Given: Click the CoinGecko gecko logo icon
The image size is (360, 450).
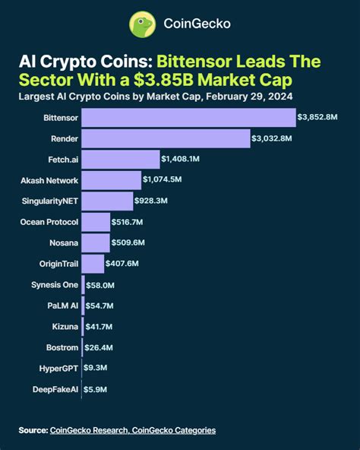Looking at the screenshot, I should coord(142,24).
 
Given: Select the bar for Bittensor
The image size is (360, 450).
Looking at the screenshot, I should coord(188,118).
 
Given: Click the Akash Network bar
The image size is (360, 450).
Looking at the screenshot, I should coord(111,180).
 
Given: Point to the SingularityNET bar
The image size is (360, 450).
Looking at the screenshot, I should coord(106,201).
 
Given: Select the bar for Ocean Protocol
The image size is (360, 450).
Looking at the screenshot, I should coord(96,222).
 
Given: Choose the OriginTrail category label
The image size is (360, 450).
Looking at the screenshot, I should coord(55,264).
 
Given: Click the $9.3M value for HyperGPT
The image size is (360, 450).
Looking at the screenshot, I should coord(96,368).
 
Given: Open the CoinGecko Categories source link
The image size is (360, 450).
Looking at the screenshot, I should coord(174,430).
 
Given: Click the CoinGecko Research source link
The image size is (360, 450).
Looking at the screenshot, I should coord(89,430).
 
